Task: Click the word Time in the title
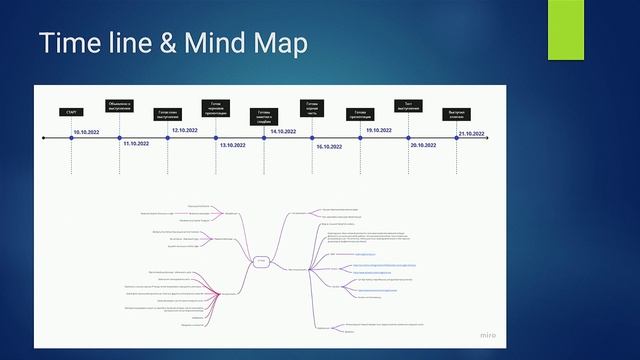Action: pyautogui.click(x=71, y=45)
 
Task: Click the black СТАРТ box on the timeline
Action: pyautogui.click(x=71, y=112)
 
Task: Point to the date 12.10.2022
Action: pyautogui.click(x=184, y=131)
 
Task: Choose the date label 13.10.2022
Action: pyautogui.click(x=232, y=146)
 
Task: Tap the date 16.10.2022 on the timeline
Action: pyautogui.click(x=329, y=146)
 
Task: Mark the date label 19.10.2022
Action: pyautogui.click(x=378, y=131)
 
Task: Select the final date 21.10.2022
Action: pyautogui.click(x=471, y=132)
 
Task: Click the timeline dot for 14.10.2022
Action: pyautogui.click(x=264, y=138)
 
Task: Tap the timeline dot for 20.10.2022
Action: pyautogui.click(x=409, y=138)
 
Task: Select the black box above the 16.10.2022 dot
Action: pyautogui.click(x=313, y=107)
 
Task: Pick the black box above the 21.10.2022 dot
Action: pyautogui.click(x=457, y=112)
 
